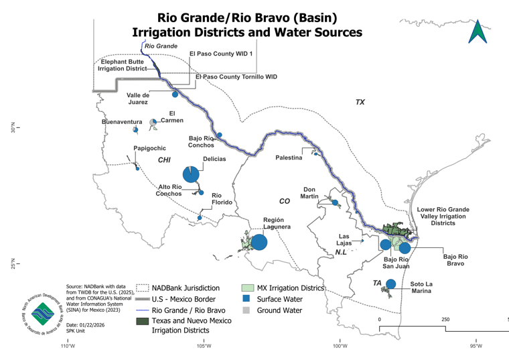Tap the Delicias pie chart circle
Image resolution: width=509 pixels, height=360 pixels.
(x=191, y=174)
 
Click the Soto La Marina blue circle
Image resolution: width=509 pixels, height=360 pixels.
(x=390, y=284)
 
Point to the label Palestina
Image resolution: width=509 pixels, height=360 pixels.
(x=289, y=159)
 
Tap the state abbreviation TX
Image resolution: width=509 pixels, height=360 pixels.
(x=360, y=102)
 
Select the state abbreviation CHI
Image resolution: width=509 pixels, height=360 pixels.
(x=164, y=160)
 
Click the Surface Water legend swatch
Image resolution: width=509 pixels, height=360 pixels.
(x=246, y=298)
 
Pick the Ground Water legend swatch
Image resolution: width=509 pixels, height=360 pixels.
(x=246, y=310)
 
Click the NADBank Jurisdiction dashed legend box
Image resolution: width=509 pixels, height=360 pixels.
(x=142, y=287)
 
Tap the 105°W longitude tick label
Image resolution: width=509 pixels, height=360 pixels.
(x=204, y=347)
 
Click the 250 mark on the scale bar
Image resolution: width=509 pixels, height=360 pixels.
(x=441, y=319)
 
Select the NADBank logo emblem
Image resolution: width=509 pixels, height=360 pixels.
(x=43, y=314)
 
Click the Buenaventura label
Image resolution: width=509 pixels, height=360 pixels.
(x=121, y=122)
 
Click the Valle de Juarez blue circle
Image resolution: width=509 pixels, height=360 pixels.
(x=175, y=95)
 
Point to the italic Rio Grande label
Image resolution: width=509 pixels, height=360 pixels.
(x=161, y=46)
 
